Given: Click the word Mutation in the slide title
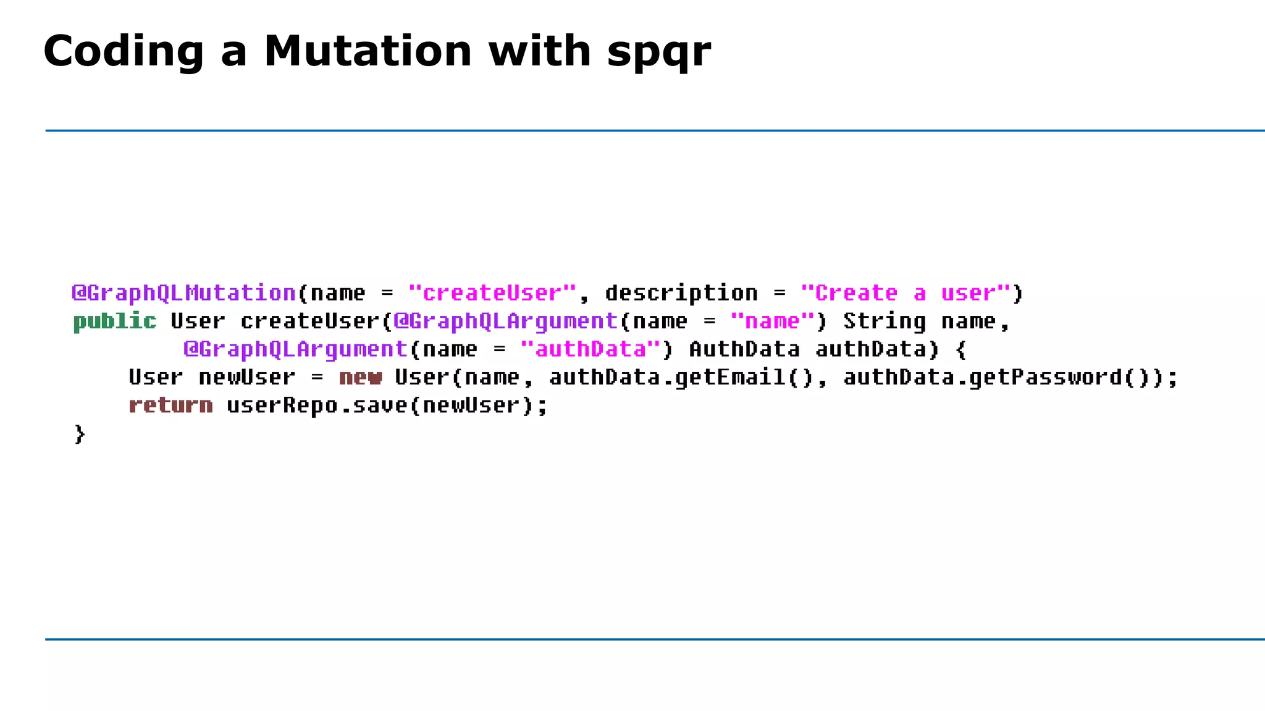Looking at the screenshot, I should click(368, 51).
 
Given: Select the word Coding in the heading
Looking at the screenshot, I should click(124, 52).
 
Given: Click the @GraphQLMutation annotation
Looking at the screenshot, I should click(184, 293).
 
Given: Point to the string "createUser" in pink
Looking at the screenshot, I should click(492, 293).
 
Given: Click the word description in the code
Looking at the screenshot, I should click(681, 293).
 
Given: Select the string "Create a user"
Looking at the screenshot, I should click(906, 293).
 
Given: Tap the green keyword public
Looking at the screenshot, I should click(115, 322).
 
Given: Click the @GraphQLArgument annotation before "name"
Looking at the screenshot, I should click(506, 322).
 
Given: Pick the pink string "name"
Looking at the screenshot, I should click(772, 322).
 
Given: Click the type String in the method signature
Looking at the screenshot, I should click(885, 322).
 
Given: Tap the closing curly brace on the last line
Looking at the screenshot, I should click(79, 434).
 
